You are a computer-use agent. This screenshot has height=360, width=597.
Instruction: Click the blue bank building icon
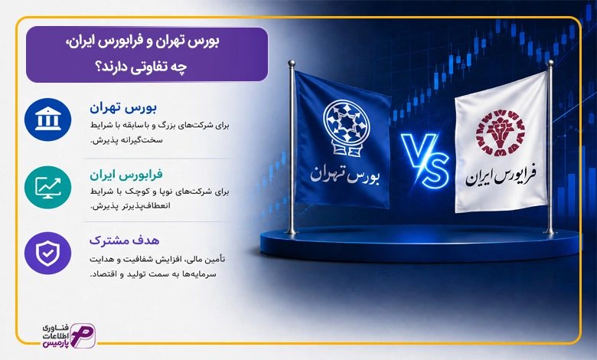(47, 119)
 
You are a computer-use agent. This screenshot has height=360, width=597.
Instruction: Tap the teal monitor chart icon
(47, 187)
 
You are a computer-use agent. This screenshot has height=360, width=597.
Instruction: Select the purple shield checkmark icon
(47, 253)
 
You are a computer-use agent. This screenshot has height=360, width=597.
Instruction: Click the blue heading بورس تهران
(123, 108)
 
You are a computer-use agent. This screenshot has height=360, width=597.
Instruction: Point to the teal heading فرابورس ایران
(126, 175)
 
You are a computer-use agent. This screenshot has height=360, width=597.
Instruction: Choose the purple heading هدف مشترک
(125, 241)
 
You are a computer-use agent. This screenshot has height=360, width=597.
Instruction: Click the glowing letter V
(417, 151)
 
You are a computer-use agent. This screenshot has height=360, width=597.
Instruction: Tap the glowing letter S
(435, 170)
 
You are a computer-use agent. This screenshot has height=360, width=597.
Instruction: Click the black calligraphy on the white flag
(501, 175)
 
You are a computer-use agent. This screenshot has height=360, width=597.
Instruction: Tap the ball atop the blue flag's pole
(292, 63)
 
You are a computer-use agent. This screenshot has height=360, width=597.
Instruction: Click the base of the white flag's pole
(550, 231)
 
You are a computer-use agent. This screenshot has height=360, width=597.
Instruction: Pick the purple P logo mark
(83, 335)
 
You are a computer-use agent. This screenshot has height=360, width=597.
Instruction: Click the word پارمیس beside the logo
(56, 343)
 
